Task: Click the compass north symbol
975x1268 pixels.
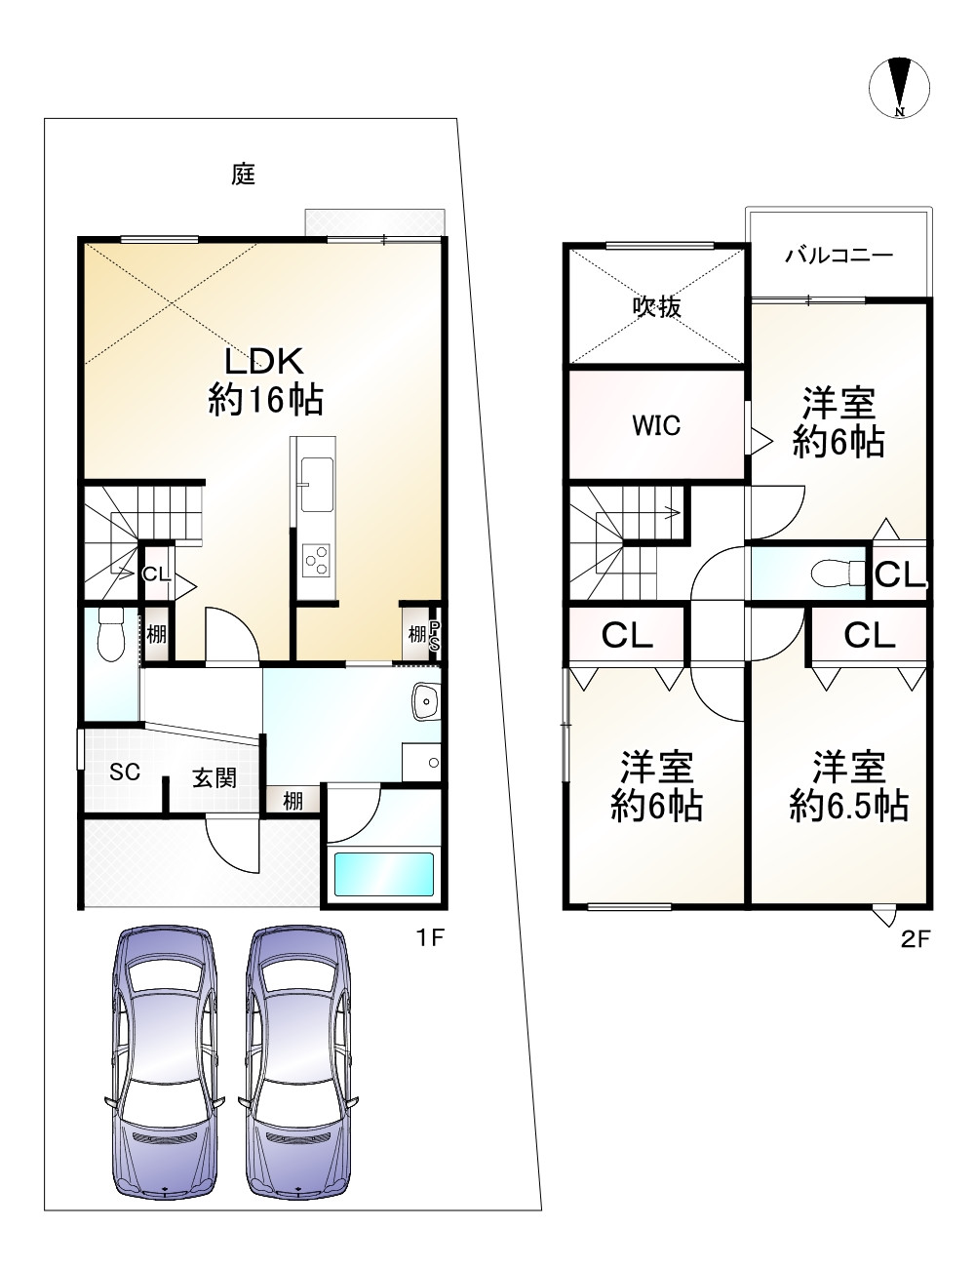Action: click(899, 89)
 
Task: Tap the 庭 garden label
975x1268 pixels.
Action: click(243, 174)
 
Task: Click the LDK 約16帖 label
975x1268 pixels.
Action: click(265, 380)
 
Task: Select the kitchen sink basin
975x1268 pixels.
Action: click(317, 484)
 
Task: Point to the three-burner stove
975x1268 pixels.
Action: click(316, 561)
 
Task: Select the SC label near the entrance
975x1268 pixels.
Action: click(125, 772)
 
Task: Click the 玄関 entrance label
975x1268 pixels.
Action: click(214, 777)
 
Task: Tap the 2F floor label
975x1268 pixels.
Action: click(916, 939)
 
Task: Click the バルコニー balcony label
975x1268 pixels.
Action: click(838, 255)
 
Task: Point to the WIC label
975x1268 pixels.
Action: click(656, 425)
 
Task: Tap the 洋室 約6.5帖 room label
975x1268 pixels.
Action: click(849, 787)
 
